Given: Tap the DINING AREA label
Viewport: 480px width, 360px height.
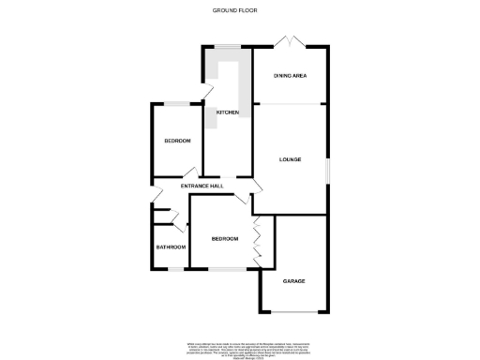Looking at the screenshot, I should tap(290, 75).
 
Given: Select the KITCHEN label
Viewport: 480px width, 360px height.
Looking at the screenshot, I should tap(228, 112).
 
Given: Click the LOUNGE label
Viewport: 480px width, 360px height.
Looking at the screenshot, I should tap(290, 159).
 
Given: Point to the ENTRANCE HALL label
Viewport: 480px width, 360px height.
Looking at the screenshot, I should tap(202, 187).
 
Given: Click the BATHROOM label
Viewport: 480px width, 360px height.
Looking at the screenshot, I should tap(170, 247).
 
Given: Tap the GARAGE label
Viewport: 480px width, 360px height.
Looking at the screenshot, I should tap(294, 280).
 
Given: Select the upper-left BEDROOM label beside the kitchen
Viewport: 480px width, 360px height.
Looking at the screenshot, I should tap(177, 141).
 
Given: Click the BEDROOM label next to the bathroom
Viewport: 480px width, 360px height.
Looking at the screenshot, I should tap(225, 239).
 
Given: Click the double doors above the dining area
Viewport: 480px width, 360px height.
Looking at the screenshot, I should tap(292, 43).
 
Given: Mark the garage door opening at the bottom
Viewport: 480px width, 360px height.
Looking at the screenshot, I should tap(294, 310).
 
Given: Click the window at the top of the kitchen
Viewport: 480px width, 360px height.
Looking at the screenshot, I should tap(228, 46).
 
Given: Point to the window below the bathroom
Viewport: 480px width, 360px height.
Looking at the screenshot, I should tap(170, 269).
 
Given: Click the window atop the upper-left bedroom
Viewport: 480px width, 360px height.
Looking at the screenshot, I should tap(177, 102).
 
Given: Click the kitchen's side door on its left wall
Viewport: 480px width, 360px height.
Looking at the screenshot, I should tap(203, 94).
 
